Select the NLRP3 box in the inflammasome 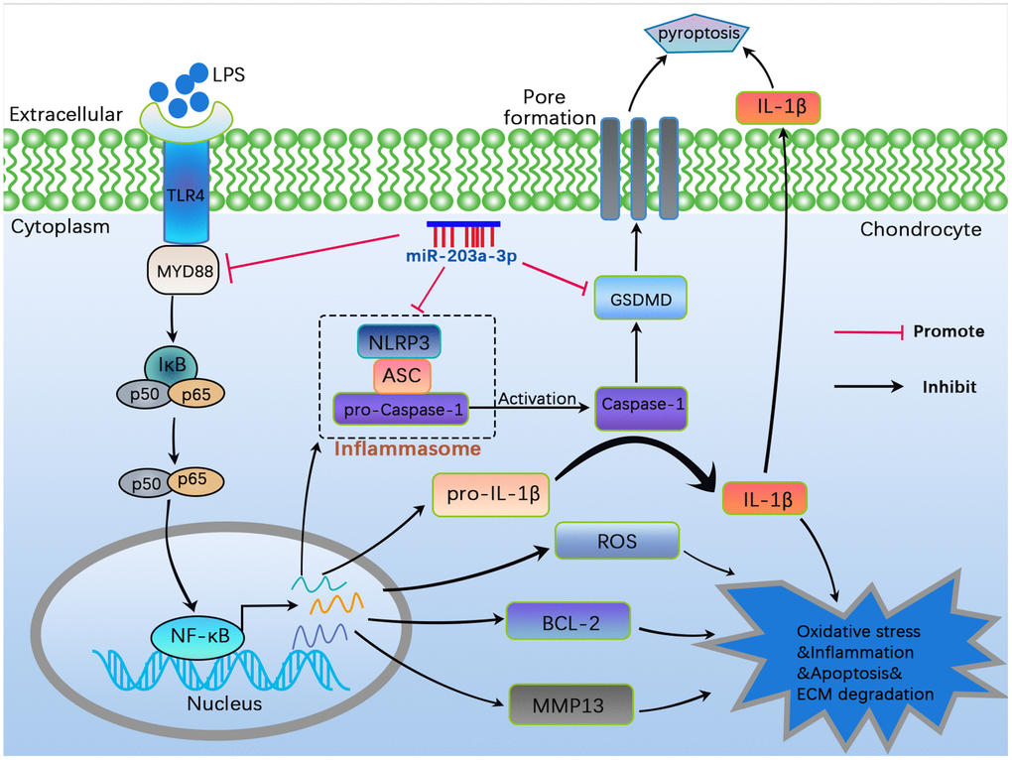pos(400,343)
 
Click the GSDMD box pos(640,297)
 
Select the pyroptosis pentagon pos(693,35)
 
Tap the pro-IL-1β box pos(492,494)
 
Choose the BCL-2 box pos(568,621)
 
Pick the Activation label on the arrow pos(537,398)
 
